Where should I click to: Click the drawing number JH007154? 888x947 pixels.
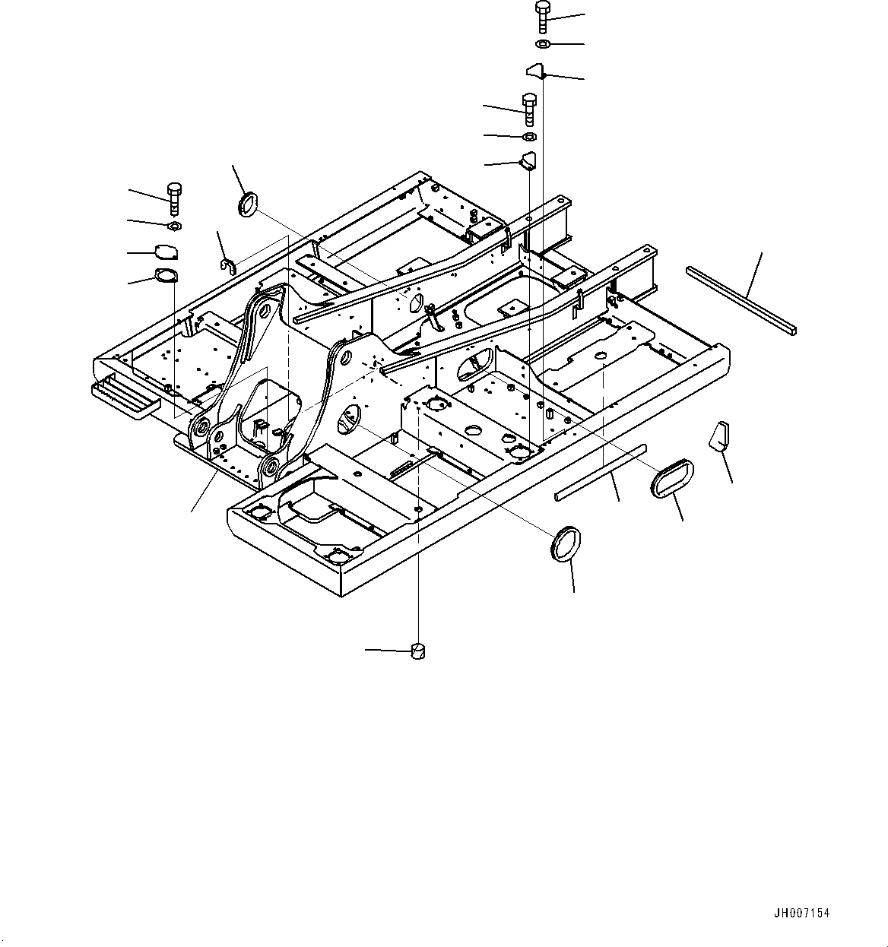click(802, 913)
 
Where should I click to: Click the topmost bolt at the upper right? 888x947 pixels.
click(542, 16)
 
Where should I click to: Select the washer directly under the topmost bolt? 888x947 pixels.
click(542, 45)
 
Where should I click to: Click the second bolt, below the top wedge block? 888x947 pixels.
click(529, 109)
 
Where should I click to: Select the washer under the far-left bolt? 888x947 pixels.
click(174, 226)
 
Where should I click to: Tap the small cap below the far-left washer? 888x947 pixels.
click(165, 252)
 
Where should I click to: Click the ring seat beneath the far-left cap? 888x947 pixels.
click(165, 276)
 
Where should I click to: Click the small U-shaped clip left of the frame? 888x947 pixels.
click(228, 264)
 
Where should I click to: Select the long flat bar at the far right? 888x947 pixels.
click(741, 299)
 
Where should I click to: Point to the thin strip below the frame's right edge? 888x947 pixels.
click(601, 472)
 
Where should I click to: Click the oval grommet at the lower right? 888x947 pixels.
click(671, 477)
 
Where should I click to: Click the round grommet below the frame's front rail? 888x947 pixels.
click(566, 543)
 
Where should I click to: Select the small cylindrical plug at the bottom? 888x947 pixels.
click(418, 651)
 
